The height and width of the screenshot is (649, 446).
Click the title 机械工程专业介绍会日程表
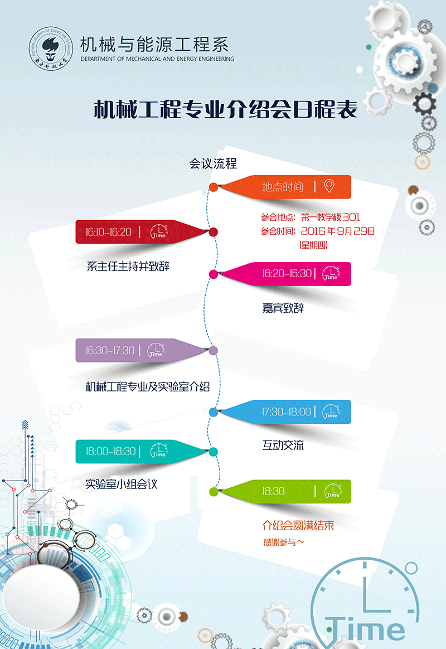pyautogui.click(x=225, y=109)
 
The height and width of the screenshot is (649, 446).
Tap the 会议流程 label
pyautogui.click(x=213, y=163)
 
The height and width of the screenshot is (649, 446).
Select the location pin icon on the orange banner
pyautogui.click(x=329, y=186)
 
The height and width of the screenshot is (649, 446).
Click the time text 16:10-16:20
pyautogui.click(x=109, y=232)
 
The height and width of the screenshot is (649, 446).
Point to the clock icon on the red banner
pyautogui.click(x=159, y=232)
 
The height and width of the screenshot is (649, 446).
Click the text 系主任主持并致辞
pyautogui.click(x=128, y=266)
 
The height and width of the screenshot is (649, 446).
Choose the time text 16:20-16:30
pyautogui.click(x=287, y=274)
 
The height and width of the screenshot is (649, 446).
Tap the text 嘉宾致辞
pyautogui.click(x=283, y=308)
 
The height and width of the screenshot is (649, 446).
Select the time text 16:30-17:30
pyautogui.click(x=110, y=351)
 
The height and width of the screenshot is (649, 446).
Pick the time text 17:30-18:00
pyautogui.click(x=287, y=412)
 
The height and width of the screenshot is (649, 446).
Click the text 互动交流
pyautogui.click(x=283, y=445)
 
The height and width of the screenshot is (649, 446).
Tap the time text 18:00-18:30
pyautogui.click(x=110, y=451)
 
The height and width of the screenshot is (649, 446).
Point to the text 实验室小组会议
pyautogui.click(x=122, y=484)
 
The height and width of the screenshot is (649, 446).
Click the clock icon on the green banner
pyautogui.click(x=333, y=491)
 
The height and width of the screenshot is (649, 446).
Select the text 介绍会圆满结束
pyautogui.click(x=298, y=525)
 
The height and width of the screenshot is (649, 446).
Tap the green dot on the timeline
pyautogui.click(x=213, y=491)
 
